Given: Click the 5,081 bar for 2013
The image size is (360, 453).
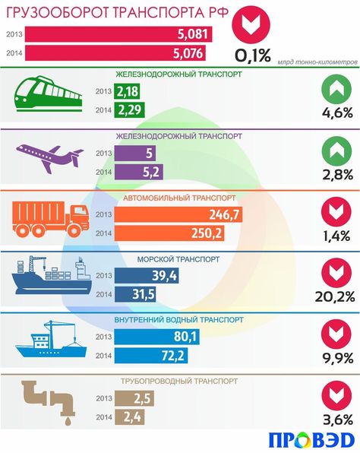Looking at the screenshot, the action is [x=118, y=34].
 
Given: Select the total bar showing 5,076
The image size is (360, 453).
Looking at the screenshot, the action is [x=115, y=53].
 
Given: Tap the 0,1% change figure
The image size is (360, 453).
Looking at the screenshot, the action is [x=253, y=55].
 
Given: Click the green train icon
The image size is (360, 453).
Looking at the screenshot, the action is [x=48, y=94].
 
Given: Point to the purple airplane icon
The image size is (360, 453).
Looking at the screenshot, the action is [x=49, y=159].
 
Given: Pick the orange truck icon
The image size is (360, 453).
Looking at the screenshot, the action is [x=51, y=218].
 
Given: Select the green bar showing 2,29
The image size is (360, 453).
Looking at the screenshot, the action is [x=129, y=109].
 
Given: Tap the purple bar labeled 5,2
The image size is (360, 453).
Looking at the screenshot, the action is [x=138, y=172].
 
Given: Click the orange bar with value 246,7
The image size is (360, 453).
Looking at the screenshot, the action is [x=178, y=214].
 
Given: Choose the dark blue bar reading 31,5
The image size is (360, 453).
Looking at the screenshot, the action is [x=135, y=294].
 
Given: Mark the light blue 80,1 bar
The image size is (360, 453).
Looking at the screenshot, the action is [x=156, y=337].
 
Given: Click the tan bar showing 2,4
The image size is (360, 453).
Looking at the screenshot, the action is [x=129, y=417].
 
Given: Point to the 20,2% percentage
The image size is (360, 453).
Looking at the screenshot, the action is [x=335, y=296].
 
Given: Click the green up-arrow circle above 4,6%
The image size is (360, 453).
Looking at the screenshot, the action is [x=336, y=89].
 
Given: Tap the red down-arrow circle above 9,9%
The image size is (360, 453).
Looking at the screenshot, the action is [x=336, y=334].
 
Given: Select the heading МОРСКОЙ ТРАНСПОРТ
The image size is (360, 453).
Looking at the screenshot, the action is [x=178, y=259].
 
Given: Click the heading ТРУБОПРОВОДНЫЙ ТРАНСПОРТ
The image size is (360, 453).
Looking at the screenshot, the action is [x=179, y=381].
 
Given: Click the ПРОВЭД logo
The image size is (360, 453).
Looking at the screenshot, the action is [x=312, y=441].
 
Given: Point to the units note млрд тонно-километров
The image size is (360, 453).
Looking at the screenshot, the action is [x=317, y=62].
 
